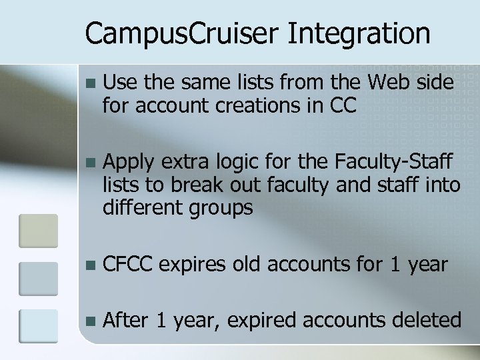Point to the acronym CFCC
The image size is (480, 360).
(129, 264)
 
